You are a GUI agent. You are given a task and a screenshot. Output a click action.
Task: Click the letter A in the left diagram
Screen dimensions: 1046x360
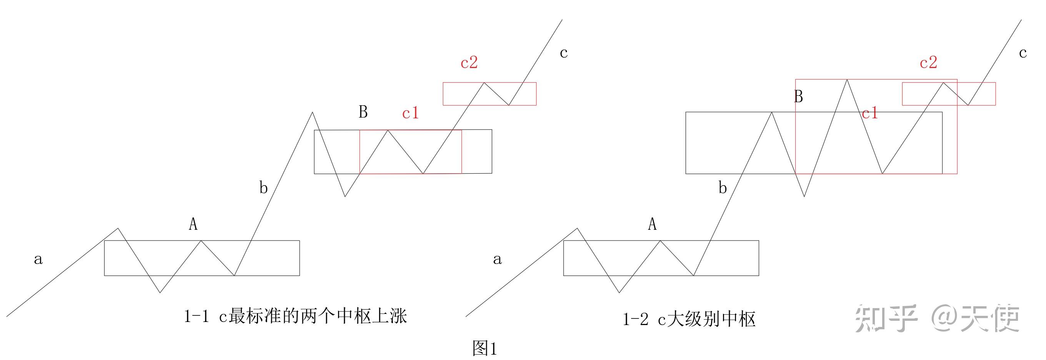point(193,224)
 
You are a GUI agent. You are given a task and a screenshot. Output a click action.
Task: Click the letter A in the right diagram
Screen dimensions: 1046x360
point(652,224)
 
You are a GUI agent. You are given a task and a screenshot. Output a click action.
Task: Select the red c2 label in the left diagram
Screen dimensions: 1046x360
point(469,63)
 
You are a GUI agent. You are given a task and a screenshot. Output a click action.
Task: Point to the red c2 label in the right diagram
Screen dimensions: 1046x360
point(928,63)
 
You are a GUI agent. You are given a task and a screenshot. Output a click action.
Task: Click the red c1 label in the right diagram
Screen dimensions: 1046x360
point(870,113)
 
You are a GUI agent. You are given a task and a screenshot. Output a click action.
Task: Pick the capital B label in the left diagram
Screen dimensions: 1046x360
point(363,112)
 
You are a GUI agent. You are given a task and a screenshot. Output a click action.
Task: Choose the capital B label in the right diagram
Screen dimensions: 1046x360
point(798,96)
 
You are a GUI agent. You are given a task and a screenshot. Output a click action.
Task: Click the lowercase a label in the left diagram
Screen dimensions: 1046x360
point(38,259)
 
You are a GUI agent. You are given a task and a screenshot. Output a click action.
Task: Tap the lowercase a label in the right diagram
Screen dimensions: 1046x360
point(497,259)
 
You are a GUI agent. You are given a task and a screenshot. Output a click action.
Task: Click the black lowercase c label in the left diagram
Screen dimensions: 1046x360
point(564,53)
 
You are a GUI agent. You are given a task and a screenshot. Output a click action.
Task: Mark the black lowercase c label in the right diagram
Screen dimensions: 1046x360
point(1023,53)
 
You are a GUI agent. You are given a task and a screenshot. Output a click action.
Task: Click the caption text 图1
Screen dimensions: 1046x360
point(485,348)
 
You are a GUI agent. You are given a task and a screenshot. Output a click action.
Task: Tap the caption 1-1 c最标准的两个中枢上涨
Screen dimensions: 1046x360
point(296,316)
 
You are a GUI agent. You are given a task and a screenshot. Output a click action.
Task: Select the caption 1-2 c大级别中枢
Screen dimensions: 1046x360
point(689,320)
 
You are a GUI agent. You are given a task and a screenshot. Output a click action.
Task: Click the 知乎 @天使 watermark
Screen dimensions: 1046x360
point(937,319)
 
